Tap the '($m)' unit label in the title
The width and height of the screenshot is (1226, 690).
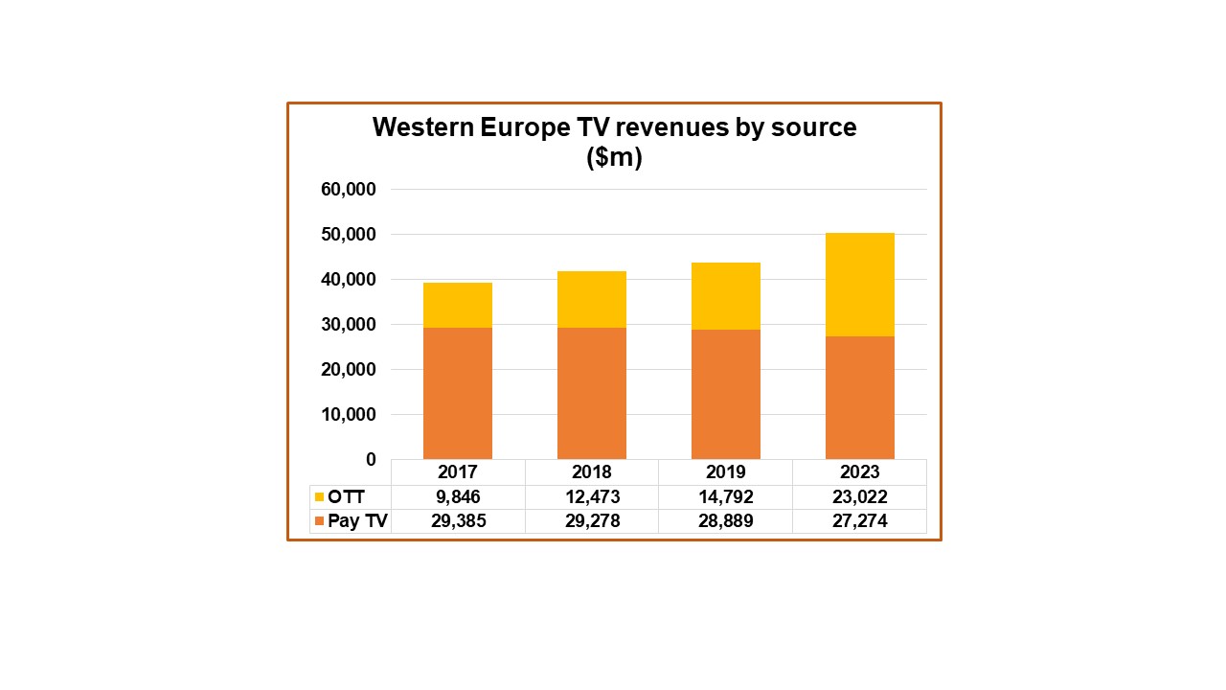tap(614, 158)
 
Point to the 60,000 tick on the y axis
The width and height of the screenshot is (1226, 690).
tap(349, 190)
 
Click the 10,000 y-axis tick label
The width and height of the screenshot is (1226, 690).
tap(349, 415)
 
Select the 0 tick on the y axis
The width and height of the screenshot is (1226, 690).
tap(370, 460)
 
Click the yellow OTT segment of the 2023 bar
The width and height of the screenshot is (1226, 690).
tap(859, 285)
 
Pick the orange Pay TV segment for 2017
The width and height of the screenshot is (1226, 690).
tap(458, 393)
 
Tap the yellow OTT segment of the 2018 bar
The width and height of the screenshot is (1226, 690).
tap(592, 299)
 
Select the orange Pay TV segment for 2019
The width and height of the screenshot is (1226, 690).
tap(725, 394)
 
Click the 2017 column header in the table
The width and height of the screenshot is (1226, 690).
tap(458, 472)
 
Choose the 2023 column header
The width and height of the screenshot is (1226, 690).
tap(859, 472)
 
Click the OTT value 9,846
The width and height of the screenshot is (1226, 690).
tap(458, 497)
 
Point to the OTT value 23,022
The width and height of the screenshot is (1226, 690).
tap(859, 497)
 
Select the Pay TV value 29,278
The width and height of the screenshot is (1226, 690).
tap(592, 521)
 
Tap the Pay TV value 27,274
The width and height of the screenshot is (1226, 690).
tap(859, 521)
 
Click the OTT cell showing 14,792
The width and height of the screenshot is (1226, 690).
tap(725, 497)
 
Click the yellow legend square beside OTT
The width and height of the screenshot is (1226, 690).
tap(319, 497)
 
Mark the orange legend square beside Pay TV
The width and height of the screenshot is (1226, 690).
tap(319, 521)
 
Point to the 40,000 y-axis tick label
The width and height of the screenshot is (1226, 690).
tap(349, 280)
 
